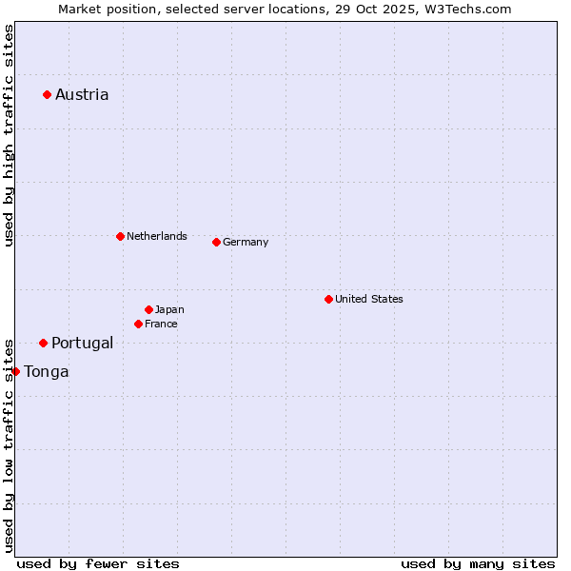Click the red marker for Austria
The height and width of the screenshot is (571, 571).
click(x=47, y=94)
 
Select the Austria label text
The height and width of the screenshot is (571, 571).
click(x=82, y=94)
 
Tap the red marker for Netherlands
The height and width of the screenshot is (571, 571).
click(x=120, y=236)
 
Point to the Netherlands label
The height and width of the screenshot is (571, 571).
click(x=157, y=236)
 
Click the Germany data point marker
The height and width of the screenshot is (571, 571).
click(x=216, y=242)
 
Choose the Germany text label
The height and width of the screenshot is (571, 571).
click(x=246, y=242)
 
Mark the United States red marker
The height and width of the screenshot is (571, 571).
click(x=328, y=299)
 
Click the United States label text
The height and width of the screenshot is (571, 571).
click(x=369, y=299)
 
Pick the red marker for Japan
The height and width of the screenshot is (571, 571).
click(x=148, y=309)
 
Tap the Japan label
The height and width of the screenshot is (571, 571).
click(x=169, y=309)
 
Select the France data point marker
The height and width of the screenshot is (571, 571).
click(x=138, y=324)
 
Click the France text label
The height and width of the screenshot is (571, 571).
click(x=161, y=324)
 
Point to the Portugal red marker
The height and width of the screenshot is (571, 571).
click(x=43, y=343)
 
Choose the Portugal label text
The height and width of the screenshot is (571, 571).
click(x=82, y=343)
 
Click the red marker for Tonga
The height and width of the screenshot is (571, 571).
click(x=15, y=371)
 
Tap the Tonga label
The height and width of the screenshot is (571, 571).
click(x=47, y=371)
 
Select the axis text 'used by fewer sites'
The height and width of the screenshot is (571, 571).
click(x=98, y=563)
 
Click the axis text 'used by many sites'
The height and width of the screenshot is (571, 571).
click(x=478, y=563)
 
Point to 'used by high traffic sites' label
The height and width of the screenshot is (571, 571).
click(x=9, y=135)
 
